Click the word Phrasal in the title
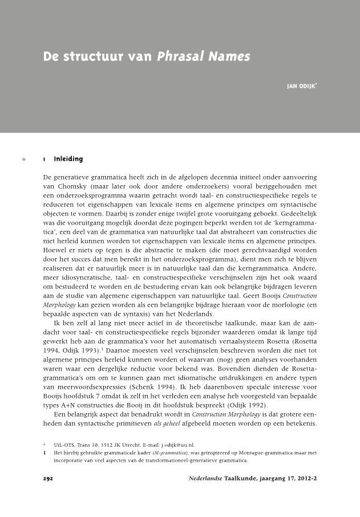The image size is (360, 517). (x=179, y=57)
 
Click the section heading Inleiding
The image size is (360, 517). (x=68, y=158)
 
